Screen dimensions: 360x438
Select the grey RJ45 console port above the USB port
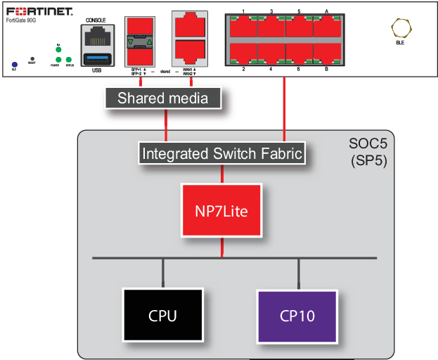(x=98, y=37)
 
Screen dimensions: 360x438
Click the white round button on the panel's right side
(x=401, y=28)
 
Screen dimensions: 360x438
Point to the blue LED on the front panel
(x=14, y=64)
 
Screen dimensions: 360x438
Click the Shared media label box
(x=163, y=98)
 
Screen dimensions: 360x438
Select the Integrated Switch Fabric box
(x=222, y=153)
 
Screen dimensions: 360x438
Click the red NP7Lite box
(x=221, y=210)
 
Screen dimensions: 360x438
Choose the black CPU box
(x=162, y=316)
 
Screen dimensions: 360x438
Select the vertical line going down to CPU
(x=163, y=273)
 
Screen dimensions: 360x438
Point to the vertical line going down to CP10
(x=298, y=273)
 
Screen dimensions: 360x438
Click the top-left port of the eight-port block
(x=243, y=27)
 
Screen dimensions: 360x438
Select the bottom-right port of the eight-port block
(x=328, y=53)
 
